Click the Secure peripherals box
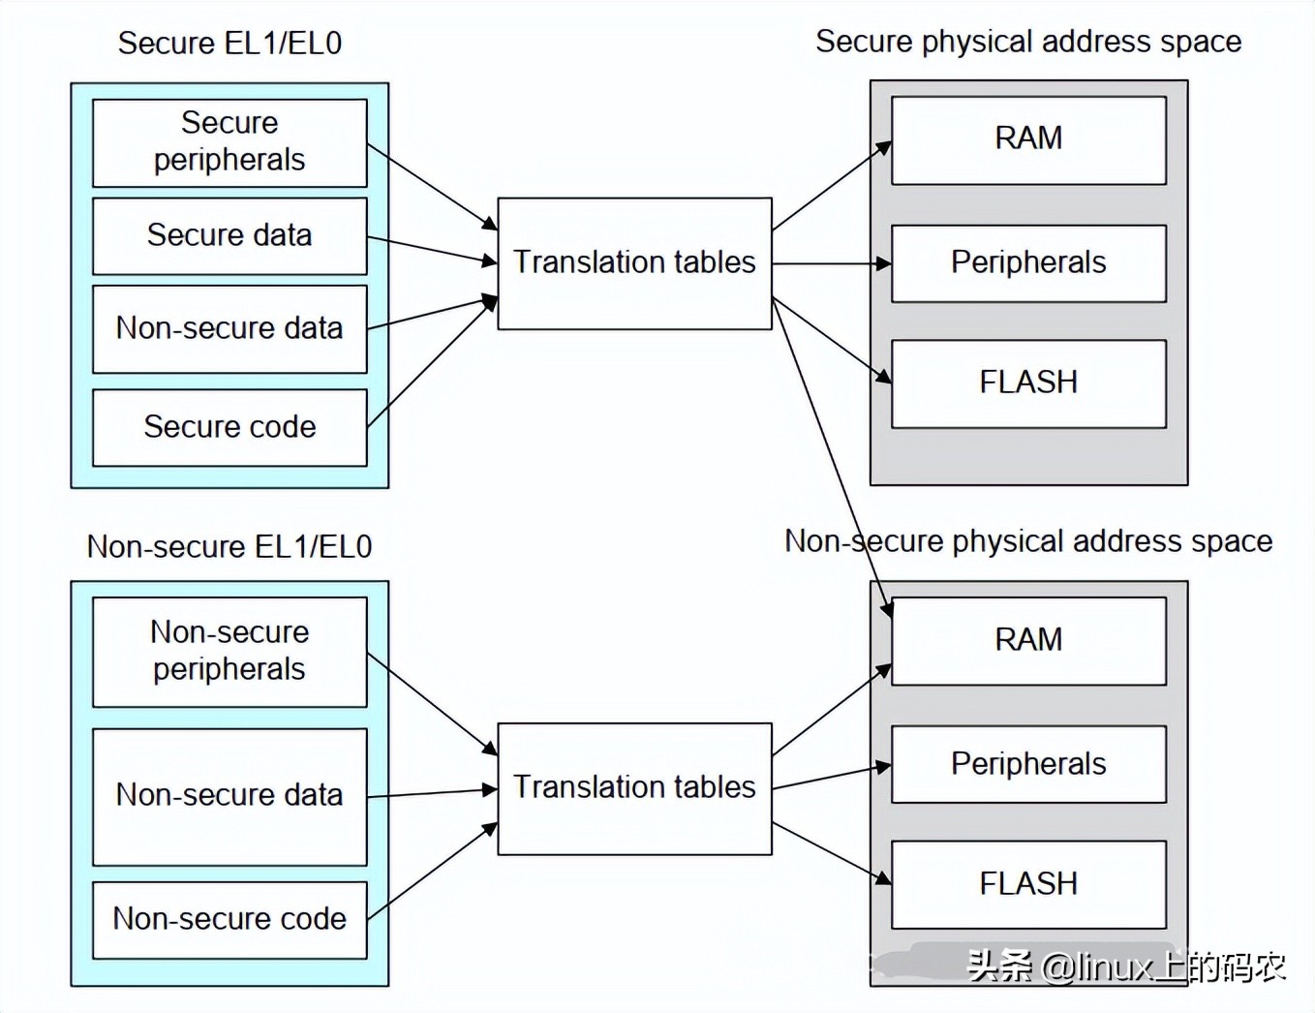(229, 142)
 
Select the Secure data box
(229, 235)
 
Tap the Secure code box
(229, 427)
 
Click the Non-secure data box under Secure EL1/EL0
(229, 328)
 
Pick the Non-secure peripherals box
(229, 651)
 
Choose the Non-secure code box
(229, 919)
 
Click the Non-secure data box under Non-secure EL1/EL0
(229, 795)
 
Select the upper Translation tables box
(634, 262)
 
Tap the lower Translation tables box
(634, 787)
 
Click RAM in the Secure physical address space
(1028, 139)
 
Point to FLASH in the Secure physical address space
(1028, 383)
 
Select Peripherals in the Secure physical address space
(1028, 262)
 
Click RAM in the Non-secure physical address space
(1028, 640)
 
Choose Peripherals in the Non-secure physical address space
(1028, 764)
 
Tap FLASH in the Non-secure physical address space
(1028, 884)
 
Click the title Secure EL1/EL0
(229, 44)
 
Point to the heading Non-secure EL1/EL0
(229, 547)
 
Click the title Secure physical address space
(1028, 42)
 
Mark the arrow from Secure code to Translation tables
(432, 362)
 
